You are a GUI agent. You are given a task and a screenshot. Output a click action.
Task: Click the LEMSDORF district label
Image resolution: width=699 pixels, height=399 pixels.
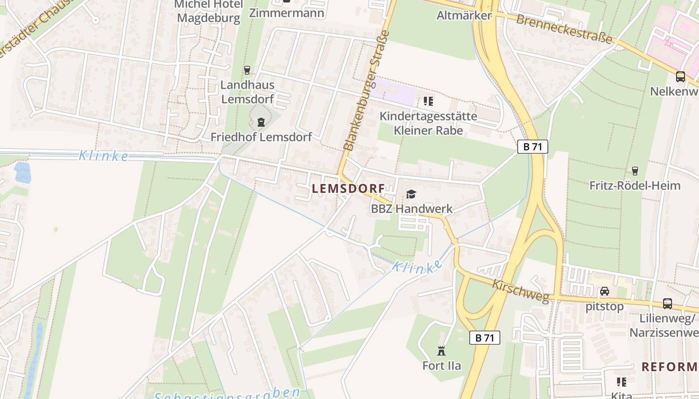click(349, 189)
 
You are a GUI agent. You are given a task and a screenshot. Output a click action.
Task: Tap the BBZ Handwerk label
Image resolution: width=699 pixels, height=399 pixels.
click(411, 208)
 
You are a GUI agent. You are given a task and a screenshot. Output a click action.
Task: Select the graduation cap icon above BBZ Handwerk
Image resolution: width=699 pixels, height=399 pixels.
click(411, 194)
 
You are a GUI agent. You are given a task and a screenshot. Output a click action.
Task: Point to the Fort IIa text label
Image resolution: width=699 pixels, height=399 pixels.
click(441, 366)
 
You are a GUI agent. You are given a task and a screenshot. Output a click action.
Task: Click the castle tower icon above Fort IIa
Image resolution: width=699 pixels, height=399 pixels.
click(441, 351)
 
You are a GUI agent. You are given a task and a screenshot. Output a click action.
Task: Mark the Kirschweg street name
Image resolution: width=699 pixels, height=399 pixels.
click(520, 291)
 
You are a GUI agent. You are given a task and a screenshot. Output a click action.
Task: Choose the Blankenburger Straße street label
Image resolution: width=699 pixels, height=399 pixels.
click(366, 91)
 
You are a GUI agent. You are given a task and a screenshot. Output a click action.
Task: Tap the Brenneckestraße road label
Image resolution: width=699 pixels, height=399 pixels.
click(564, 28)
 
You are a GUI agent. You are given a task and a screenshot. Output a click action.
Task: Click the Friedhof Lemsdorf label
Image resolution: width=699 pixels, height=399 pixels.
click(261, 137)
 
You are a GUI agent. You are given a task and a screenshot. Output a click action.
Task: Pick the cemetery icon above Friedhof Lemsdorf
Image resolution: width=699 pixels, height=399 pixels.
click(261, 122)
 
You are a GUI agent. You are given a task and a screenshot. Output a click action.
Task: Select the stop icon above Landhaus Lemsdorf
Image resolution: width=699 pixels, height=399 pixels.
click(247, 70)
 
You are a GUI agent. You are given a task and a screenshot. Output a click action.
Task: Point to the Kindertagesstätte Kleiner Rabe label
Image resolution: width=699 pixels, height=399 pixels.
click(428, 123)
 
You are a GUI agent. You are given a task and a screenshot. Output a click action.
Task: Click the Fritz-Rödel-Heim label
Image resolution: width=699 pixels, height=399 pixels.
click(635, 186)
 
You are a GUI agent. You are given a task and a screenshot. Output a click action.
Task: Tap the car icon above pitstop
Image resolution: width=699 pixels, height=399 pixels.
click(605, 291)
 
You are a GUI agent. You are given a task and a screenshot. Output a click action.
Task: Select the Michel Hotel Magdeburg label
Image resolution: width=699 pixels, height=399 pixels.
click(209, 11)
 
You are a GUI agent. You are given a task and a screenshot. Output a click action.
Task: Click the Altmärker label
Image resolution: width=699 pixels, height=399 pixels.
click(464, 15)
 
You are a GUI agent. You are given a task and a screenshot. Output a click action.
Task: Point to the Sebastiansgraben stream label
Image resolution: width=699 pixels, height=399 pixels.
click(227, 394)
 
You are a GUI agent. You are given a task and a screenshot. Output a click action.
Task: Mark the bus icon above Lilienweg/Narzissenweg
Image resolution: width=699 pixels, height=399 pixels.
click(668, 303)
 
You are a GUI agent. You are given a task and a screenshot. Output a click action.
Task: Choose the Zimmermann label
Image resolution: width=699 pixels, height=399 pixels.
click(287, 12)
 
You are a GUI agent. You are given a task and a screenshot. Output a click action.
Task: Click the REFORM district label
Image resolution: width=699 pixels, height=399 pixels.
click(669, 367)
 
